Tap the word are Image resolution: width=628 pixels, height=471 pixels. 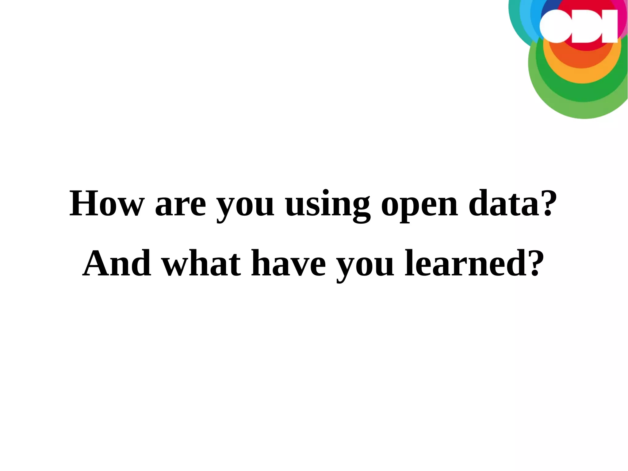click(x=180, y=205)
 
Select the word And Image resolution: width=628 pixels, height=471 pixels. click(x=117, y=263)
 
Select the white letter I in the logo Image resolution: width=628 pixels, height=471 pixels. click(x=610, y=26)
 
